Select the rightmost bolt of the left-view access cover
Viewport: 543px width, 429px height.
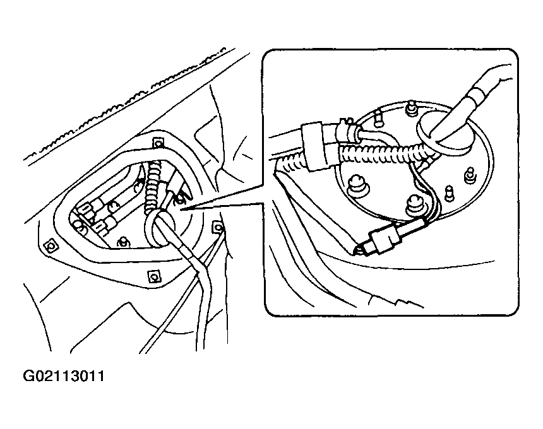218,226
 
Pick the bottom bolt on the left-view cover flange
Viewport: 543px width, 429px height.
152,276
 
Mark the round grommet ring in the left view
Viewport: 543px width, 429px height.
159,226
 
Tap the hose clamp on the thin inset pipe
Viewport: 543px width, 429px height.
345,129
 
